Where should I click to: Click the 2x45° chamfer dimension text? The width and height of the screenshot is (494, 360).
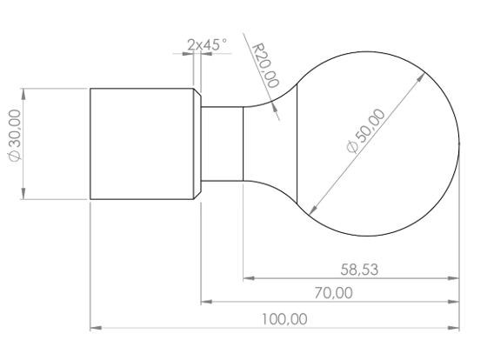click(x=206, y=43)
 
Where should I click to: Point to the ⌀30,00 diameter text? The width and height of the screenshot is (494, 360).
click(x=13, y=143)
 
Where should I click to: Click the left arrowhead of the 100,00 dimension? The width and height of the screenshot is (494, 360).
click(x=96, y=328)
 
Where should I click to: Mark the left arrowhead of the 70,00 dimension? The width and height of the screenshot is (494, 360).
click(x=206, y=302)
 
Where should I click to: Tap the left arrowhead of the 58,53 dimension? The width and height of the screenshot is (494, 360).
click(x=248, y=278)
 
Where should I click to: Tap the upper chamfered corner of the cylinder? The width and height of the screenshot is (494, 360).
click(x=197, y=91)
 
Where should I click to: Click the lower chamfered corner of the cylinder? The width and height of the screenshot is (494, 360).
click(x=197, y=196)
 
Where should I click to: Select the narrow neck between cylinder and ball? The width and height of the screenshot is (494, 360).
click(x=222, y=143)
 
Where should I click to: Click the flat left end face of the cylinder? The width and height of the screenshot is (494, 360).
click(x=91, y=143)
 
